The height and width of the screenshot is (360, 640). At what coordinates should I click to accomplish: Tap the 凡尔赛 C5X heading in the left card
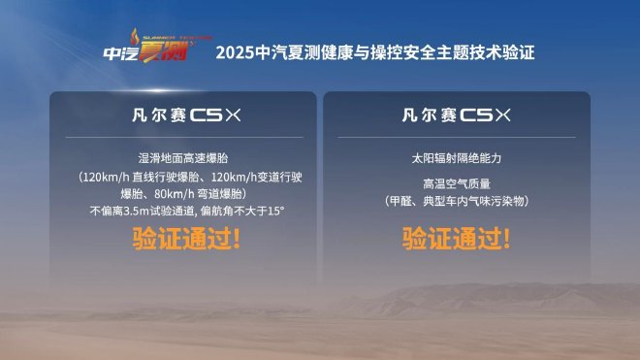[183, 115]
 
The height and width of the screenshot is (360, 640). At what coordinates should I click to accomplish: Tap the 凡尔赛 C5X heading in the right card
[456, 115]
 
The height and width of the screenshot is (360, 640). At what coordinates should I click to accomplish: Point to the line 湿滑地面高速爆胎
[183, 157]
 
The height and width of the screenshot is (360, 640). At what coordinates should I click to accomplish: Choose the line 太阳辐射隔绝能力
[456, 157]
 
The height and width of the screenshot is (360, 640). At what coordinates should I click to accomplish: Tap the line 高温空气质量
[456, 181]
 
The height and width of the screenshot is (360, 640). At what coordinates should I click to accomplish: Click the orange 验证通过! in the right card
[457, 239]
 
